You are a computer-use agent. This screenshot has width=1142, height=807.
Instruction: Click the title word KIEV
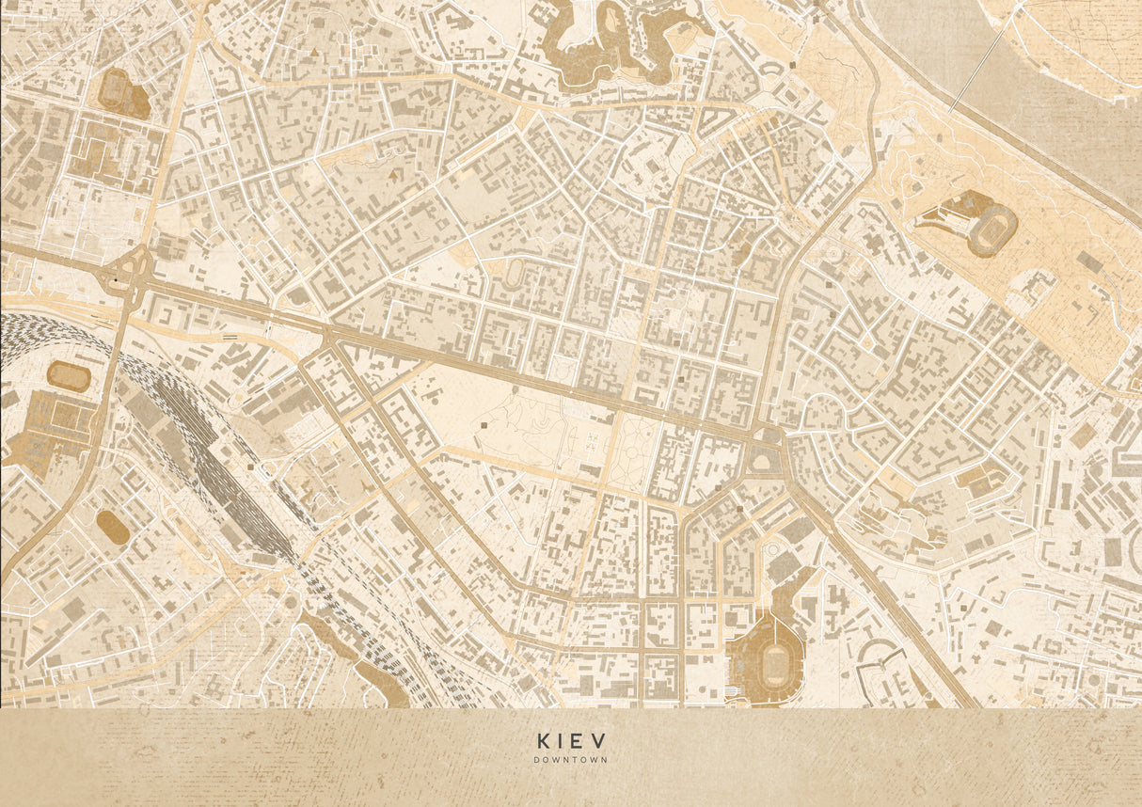[570, 740]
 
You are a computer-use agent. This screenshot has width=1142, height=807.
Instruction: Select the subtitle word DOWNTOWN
[570, 760]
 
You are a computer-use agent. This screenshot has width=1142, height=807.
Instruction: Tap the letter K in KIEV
[543, 740]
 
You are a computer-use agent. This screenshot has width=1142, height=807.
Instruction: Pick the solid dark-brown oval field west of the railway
[113, 528]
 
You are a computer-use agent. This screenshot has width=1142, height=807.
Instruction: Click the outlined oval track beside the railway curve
[69, 377]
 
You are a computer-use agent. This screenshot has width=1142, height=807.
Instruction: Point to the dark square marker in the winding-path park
[484, 426]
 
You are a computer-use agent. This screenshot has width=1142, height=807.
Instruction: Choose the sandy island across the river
[1072, 38]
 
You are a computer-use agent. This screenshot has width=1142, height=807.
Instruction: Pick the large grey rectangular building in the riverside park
[1089, 261]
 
